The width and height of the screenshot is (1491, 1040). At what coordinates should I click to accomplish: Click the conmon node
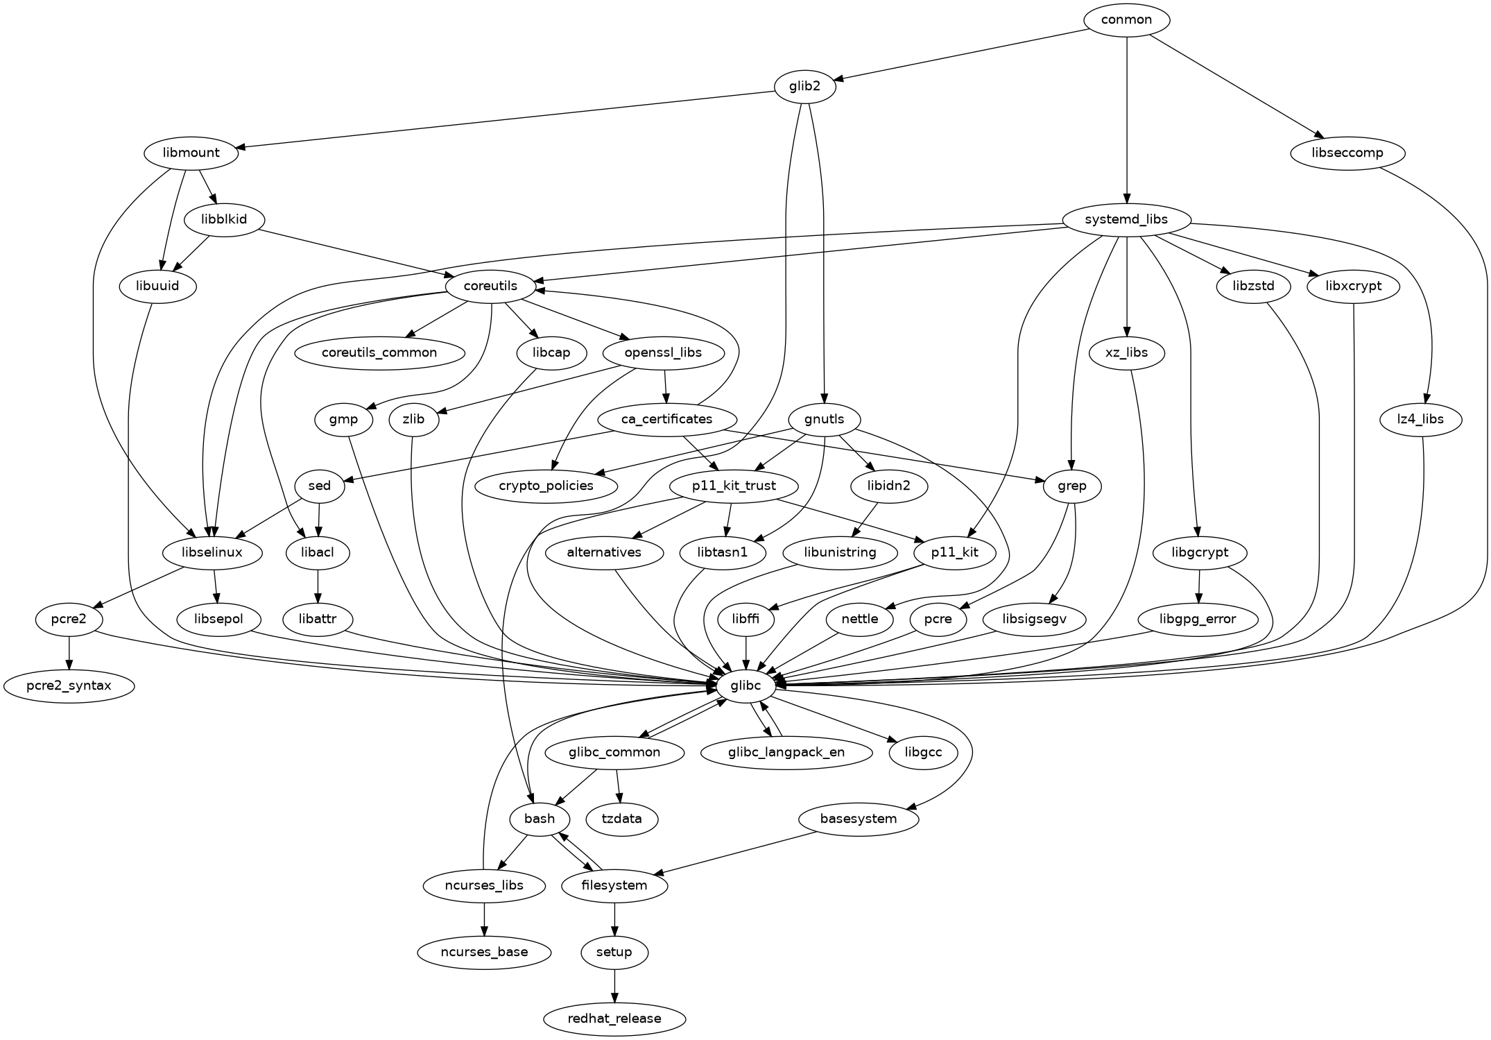pos(1126,19)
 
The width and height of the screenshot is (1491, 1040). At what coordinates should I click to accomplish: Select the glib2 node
pos(804,87)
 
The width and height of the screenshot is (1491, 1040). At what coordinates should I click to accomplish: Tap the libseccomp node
pos(1347,153)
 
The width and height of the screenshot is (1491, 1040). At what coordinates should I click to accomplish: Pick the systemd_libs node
pos(1126,220)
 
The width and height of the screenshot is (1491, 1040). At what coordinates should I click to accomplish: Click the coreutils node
pos(490,286)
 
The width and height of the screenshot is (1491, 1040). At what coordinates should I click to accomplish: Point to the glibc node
pos(745,685)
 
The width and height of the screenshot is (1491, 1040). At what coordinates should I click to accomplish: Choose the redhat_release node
pos(614,1018)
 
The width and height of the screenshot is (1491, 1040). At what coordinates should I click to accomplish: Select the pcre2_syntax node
pos(69,686)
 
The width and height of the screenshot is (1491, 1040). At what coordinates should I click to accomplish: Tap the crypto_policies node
pos(546,486)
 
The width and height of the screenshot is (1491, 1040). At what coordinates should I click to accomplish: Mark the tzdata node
pos(621,819)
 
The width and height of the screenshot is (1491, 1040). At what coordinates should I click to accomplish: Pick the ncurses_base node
pos(484,952)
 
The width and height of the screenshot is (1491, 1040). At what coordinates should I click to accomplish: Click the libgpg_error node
pos(1197,619)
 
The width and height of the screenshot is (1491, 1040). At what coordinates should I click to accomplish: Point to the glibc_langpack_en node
pos(786,752)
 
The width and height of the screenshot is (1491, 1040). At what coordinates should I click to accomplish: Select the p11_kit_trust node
pos(734,486)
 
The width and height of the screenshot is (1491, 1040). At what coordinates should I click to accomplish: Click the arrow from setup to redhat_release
pos(614,985)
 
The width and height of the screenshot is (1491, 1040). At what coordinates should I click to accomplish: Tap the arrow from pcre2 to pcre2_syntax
pos(69,652)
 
